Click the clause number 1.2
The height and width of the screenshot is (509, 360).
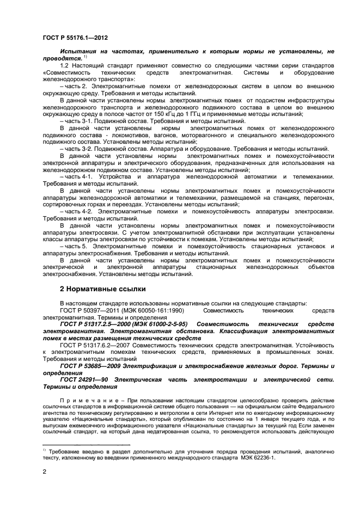pyautogui.click(x=65, y=65)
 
